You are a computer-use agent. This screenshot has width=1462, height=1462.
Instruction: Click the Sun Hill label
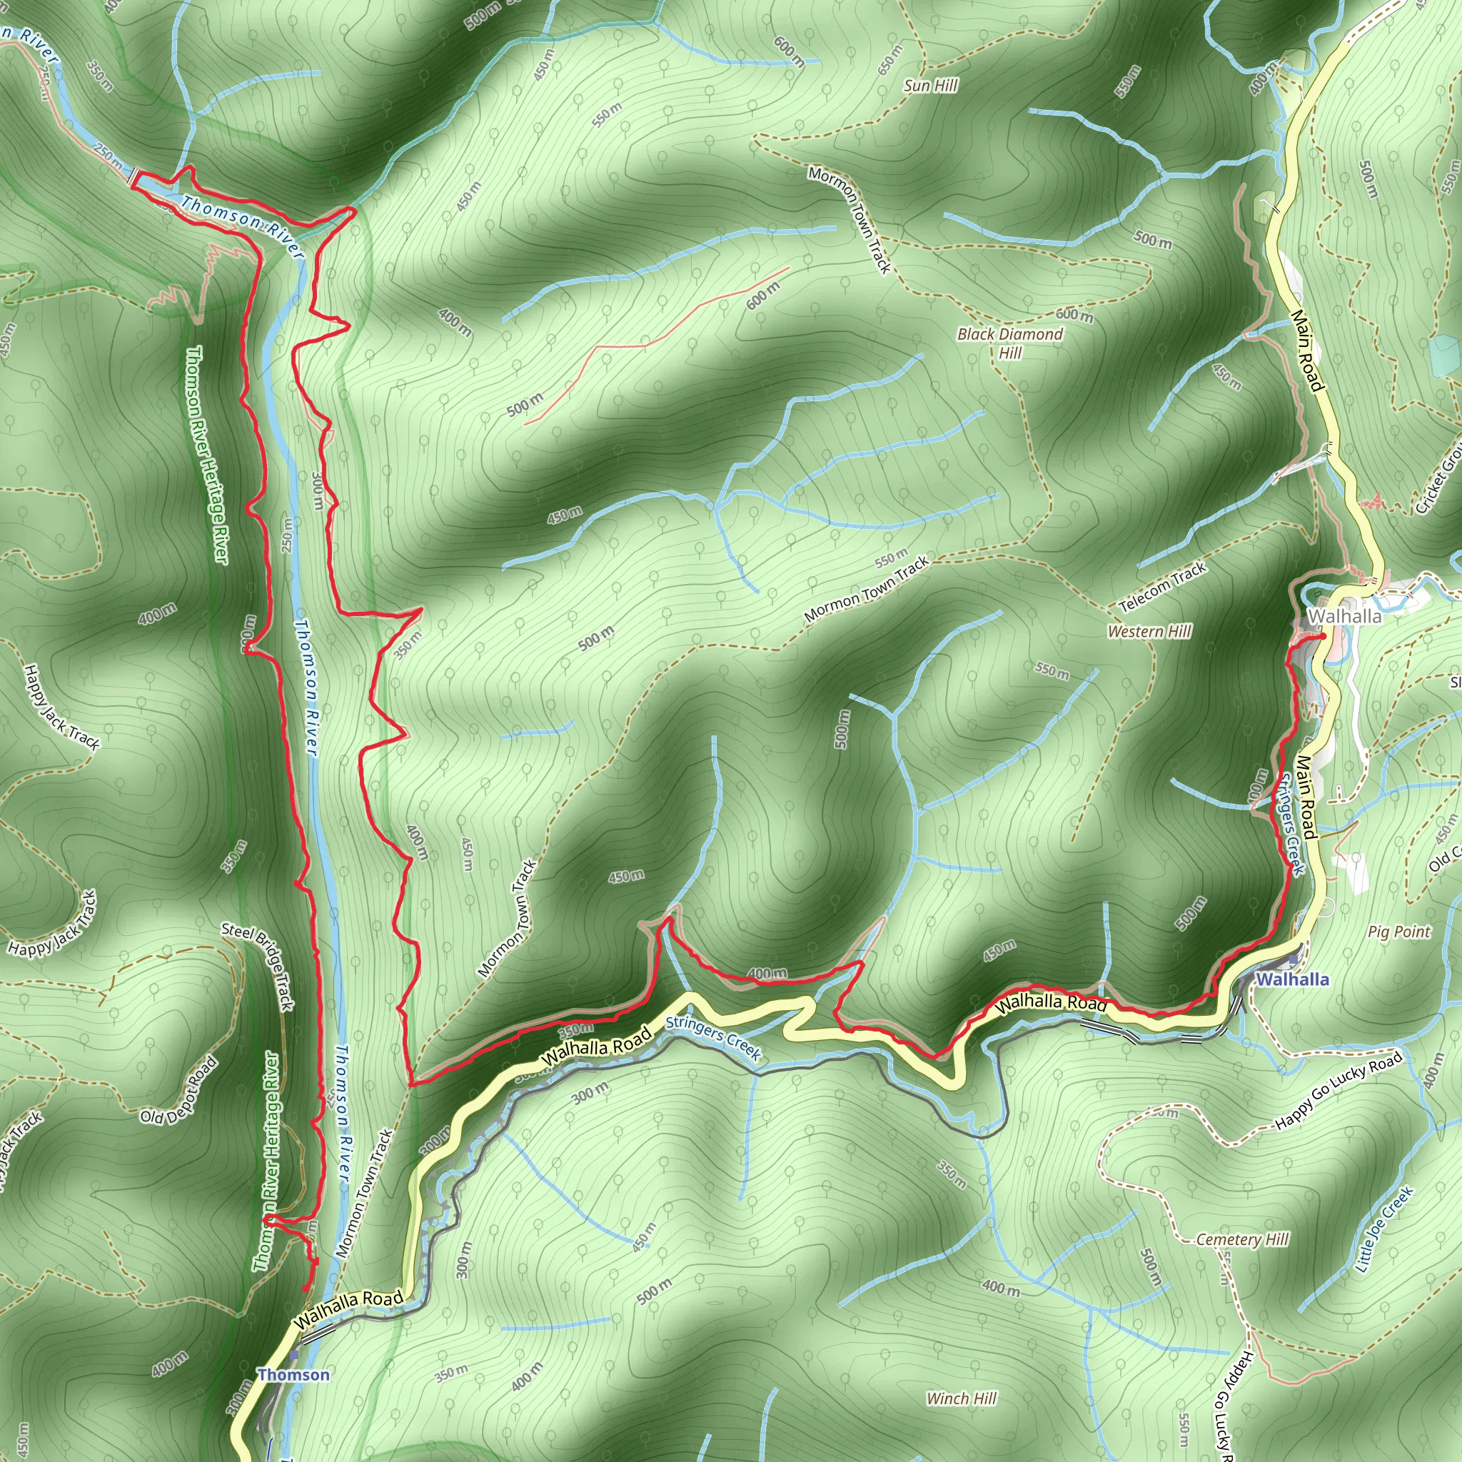tap(930, 86)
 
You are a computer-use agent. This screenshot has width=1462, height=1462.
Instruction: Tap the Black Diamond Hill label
tap(1009, 343)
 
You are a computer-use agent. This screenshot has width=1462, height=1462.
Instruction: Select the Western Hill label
tap(1149, 631)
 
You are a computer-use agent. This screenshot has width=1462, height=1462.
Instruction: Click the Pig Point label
tap(1399, 932)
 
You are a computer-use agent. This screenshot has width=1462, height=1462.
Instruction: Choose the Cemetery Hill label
tap(1242, 1239)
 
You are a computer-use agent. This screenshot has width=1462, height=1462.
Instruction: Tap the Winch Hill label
tap(961, 1398)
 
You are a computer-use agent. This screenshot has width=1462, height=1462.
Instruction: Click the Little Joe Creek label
tap(1383, 1230)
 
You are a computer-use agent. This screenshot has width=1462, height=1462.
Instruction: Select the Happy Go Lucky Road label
tap(1338, 1091)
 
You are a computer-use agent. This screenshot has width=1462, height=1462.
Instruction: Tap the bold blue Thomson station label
tap(293, 1374)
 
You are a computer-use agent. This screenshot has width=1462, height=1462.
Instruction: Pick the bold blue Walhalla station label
tap(1293, 979)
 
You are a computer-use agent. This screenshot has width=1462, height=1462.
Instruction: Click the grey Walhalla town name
tap(1344, 616)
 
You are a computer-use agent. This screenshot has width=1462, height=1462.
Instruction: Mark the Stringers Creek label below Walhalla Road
tap(713, 1038)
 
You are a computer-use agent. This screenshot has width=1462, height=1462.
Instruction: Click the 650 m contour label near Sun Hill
tap(891, 60)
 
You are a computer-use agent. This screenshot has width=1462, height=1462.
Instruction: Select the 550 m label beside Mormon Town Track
tap(891, 560)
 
